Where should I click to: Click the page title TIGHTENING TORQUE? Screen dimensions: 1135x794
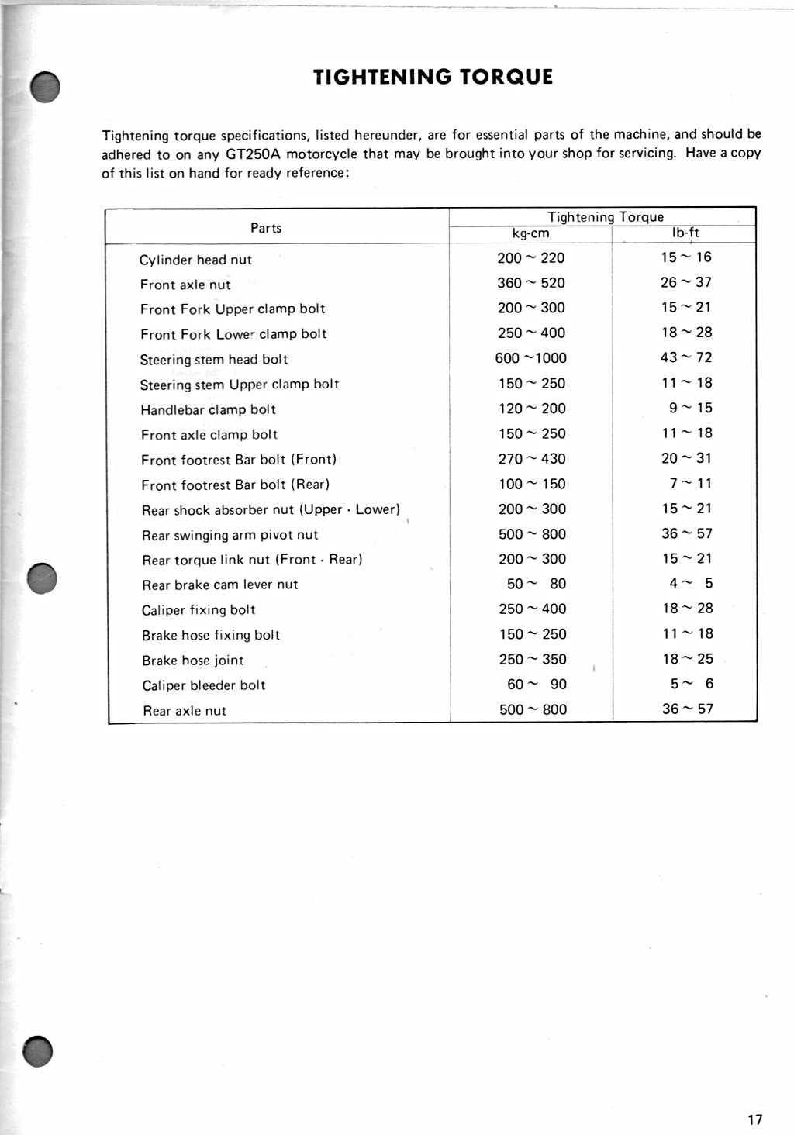(433, 77)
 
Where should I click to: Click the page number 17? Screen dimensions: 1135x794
(754, 1119)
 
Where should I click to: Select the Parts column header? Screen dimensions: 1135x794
(266, 228)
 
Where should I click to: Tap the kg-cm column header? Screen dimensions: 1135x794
(530, 233)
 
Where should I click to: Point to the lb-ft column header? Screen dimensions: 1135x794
(685, 233)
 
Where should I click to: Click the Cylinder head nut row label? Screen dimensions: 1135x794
(195, 260)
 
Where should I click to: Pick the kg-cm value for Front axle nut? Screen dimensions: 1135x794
(531, 283)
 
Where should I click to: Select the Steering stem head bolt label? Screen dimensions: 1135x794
(214, 360)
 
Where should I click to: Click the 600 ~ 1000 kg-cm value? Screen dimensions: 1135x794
(531, 358)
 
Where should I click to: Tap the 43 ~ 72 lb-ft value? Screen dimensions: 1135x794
(686, 357)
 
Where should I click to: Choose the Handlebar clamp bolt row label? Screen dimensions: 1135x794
(208, 409)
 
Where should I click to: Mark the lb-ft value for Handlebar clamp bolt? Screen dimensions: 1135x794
(690, 408)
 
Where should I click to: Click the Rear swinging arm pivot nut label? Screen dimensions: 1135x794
(230, 535)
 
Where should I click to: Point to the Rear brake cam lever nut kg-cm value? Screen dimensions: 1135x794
(536, 584)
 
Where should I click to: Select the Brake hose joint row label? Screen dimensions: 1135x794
(192, 661)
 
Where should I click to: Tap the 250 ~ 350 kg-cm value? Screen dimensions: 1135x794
(533, 659)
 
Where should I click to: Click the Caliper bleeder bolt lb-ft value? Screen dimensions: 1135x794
(692, 684)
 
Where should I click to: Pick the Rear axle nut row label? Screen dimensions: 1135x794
(185, 711)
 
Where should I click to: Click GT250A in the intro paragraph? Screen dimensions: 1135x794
(253, 154)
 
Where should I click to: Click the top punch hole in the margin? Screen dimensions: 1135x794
(46, 87)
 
